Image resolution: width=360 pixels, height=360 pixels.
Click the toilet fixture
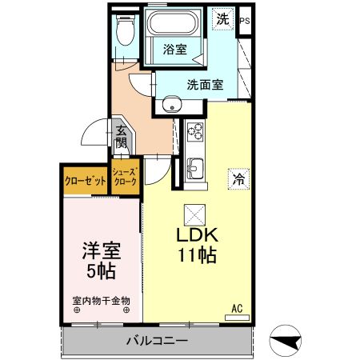(x=124, y=32)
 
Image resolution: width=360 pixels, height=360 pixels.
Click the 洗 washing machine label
(x=223, y=20)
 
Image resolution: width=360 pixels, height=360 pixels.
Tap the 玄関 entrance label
(x=121, y=138)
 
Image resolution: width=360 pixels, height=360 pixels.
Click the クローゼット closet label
(x=86, y=181)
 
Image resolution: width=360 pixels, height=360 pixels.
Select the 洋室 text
(x=100, y=251)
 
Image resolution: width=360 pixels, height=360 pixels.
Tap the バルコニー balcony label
(x=156, y=341)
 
